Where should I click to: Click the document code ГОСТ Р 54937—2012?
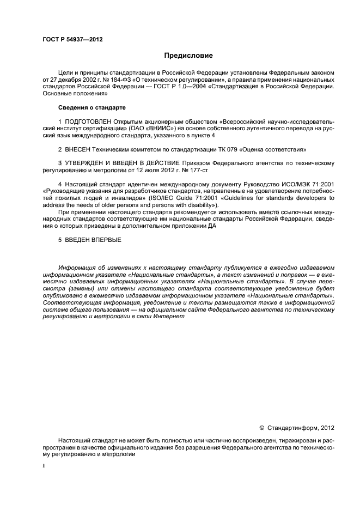tap(72, 39)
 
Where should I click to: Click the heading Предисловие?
tap(189, 55)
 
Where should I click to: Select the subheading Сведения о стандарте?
tap(84, 107)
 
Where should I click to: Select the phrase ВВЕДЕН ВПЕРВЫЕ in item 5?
tap(93, 240)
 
